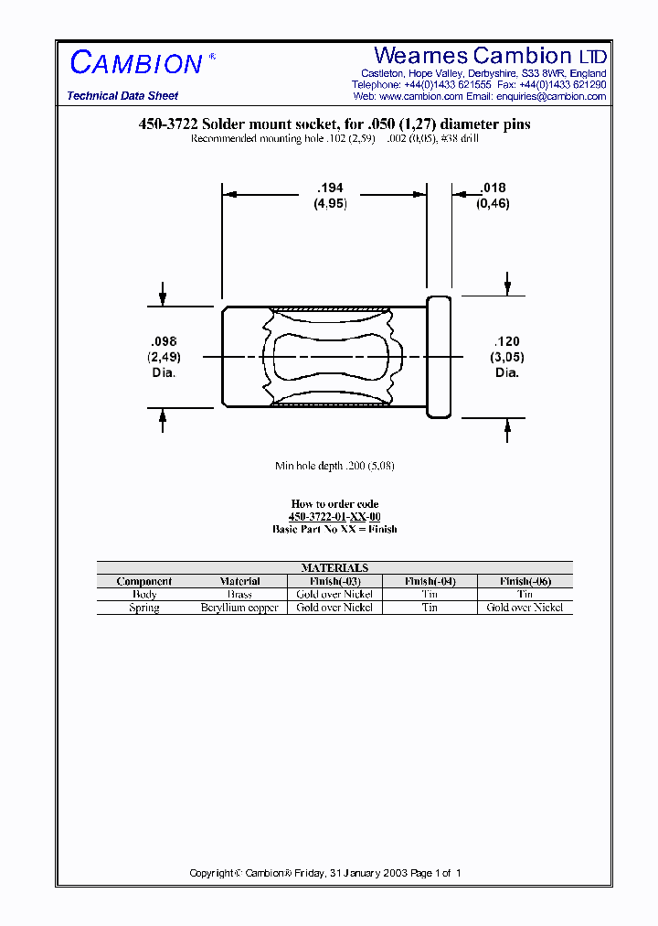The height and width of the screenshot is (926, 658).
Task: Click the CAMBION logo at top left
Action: (136, 63)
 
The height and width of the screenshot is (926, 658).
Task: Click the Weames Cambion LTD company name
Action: (490, 56)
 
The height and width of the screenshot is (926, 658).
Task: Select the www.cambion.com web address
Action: (420, 96)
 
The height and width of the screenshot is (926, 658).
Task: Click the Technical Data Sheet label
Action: (122, 96)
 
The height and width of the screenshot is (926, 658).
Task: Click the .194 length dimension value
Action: (330, 188)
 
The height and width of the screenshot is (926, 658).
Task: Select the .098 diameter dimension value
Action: (163, 341)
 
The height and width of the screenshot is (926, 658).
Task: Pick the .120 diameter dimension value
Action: (507, 341)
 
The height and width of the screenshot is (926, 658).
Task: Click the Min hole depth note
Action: (334, 466)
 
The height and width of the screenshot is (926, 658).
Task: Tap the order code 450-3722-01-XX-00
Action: (334, 517)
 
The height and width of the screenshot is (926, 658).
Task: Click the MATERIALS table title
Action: (334, 568)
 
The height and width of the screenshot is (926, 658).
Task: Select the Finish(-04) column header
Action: (430, 581)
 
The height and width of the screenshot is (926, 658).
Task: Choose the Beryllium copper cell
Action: (239, 608)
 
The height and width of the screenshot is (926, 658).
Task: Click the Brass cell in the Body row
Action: (239, 594)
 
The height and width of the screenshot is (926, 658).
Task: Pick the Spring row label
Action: (143, 608)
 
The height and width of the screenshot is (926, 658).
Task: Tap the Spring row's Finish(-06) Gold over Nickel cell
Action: (525, 608)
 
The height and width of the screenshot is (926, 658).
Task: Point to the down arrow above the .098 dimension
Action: (163, 296)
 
